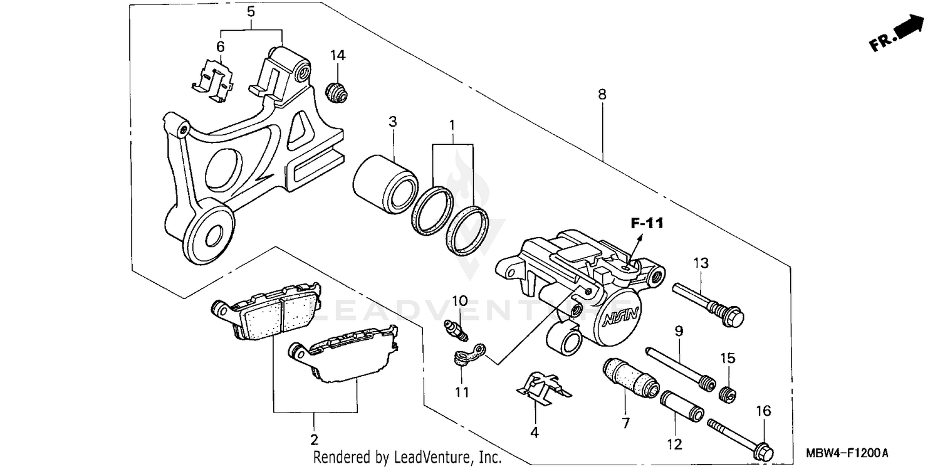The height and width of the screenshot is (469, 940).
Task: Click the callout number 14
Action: (x=338, y=55)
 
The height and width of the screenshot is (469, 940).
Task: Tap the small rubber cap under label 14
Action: (x=337, y=92)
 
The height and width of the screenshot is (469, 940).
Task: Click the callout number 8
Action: (x=602, y=95)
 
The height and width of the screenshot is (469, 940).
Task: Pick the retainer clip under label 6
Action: (x=214, y=82)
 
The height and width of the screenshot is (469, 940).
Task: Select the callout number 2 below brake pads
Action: (x=315, y=438)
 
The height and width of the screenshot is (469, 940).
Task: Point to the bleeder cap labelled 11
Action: (x=462, y=357)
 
